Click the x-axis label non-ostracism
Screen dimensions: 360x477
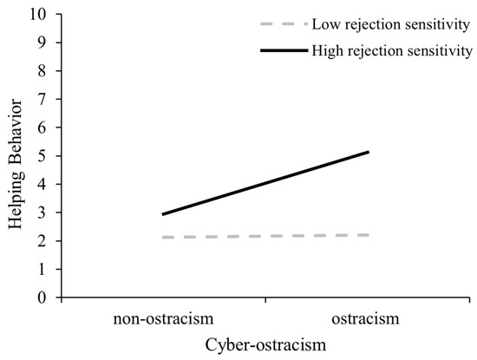pyautogui.click(x=161, y=318)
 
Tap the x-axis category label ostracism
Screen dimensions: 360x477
pyautogui.click(x=369, y=318)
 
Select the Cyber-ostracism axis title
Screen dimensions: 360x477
pyautogui.click(x=265, y=344)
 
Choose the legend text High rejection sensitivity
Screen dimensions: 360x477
pyautogui.click(x=393, y=51)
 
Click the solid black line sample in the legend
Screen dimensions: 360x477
pyautogui.click(x=284, y=51)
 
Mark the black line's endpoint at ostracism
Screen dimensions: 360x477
pyautogui.click(x=369, y=152)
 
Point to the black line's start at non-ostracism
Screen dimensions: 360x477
pyautogui.click(x=162, y=214)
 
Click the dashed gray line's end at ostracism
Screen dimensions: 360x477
pyautogui.click(x=369, y=235)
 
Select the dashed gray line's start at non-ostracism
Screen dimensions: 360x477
pyautogui.click(x=162, y=237)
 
